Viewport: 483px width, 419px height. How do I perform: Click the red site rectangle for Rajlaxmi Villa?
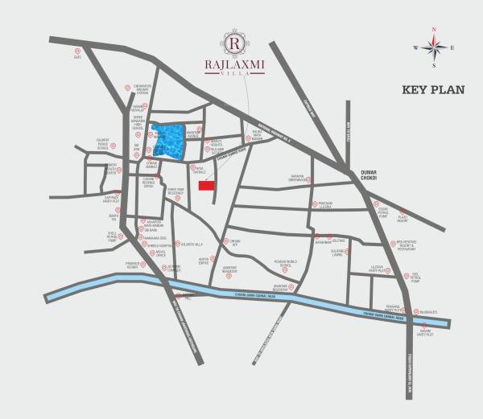(x=207, y=186)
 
